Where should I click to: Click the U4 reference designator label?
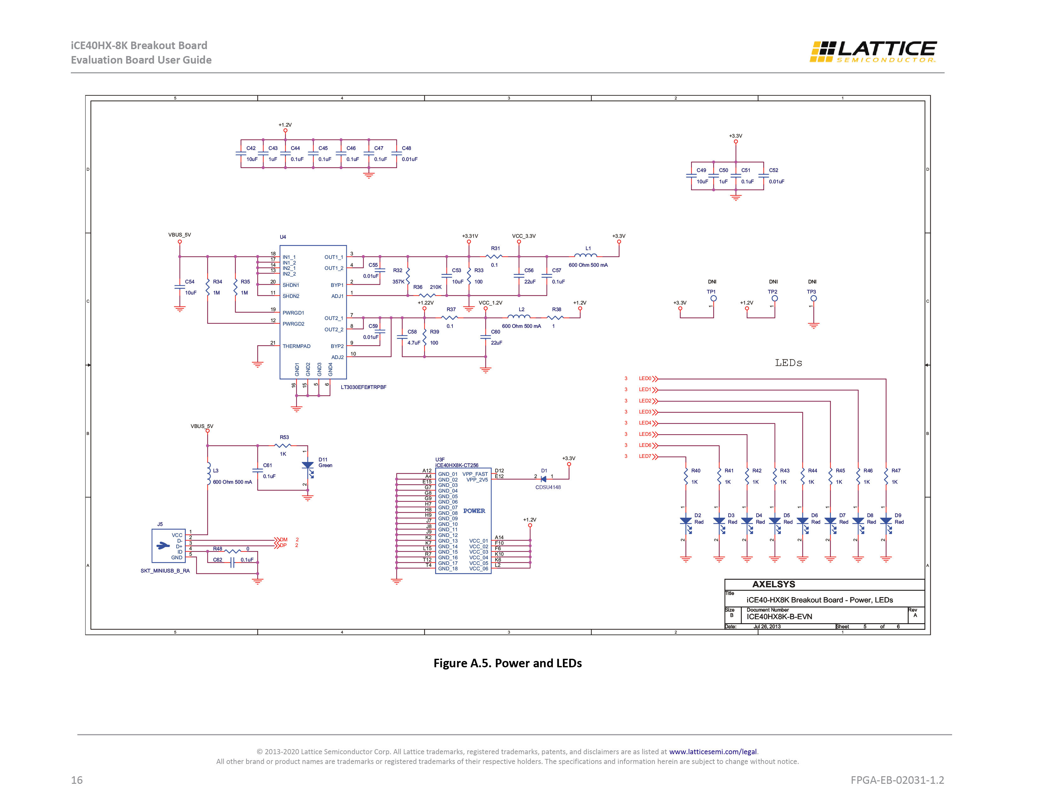[x=283, y=237]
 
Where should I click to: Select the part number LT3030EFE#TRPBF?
[x=363, y=387]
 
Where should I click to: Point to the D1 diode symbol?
[x=543, y=479]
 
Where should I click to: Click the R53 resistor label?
[x=284, y=437]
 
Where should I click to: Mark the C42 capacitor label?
[x=251, y=148]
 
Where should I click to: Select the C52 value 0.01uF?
[x=776, y=182]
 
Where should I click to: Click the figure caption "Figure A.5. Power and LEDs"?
[x=508, y=663]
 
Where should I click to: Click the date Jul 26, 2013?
[x=767, y=627]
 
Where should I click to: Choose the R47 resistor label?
[x=896, y=470]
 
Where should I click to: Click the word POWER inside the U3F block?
[x=474, y=511]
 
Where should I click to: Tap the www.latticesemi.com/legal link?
[x=713, y=752]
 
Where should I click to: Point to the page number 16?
[x=77, y=780]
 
